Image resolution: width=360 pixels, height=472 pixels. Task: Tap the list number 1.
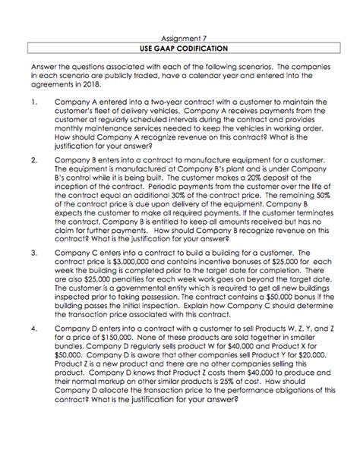pyautogui.click(x=33, y=100)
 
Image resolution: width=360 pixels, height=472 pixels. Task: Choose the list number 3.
pyautogui.click(x=33, y=249)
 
